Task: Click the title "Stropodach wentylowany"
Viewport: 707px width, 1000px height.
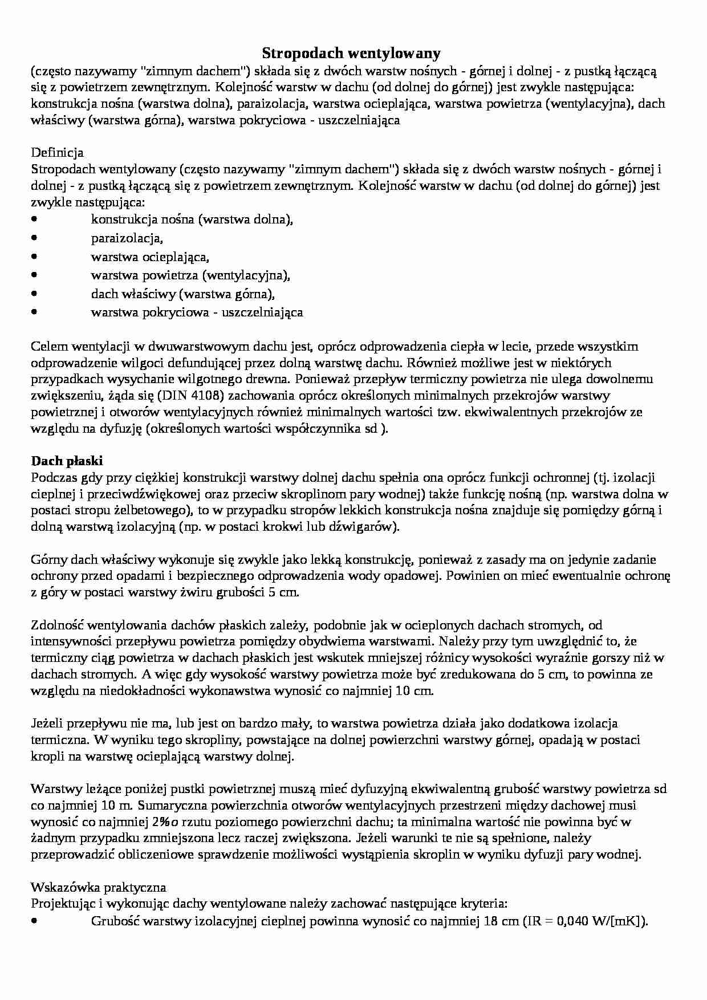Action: coord(351,54)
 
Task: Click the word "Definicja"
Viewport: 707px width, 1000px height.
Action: coord(57,153)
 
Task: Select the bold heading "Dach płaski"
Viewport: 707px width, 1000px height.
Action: coord(67,461)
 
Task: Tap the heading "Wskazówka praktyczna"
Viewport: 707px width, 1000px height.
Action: coord(99,887)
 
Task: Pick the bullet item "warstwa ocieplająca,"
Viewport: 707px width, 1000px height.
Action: coord(150,257)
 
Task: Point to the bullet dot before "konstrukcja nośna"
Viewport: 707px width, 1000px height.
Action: coord(35,219)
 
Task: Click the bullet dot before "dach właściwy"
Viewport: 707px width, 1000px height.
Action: coord(35,294)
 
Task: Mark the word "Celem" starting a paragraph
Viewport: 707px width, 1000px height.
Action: coord(50,346)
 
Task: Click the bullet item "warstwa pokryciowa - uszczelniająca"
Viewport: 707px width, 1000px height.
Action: coord(197,312)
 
